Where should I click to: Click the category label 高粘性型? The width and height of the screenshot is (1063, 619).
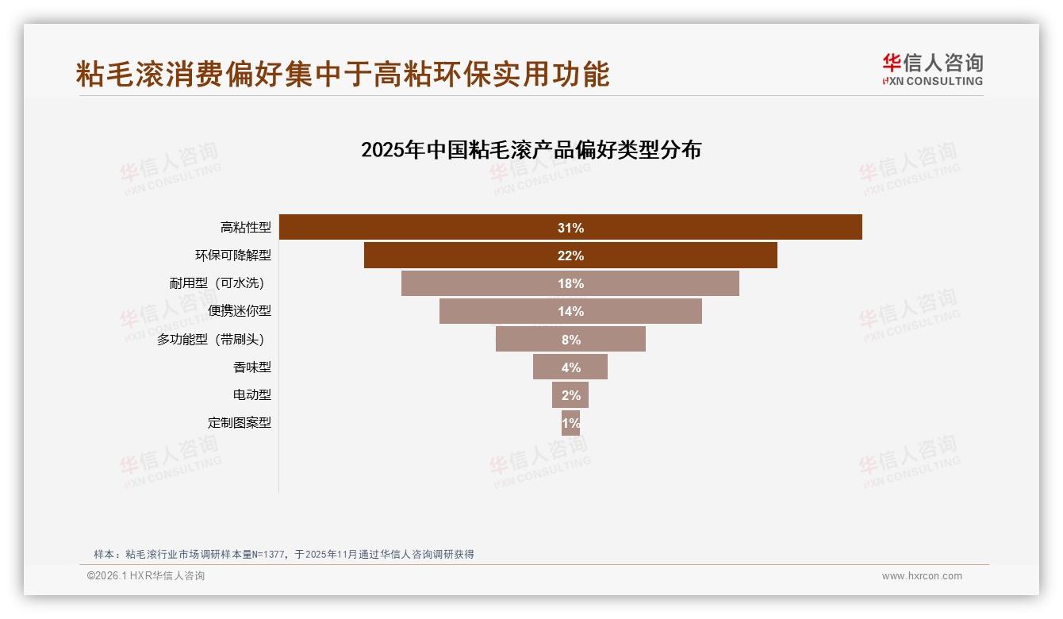tap(245, 228)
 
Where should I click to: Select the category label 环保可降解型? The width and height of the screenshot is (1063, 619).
tap(233, 256)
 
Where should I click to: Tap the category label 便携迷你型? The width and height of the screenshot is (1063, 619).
tap(239, 311)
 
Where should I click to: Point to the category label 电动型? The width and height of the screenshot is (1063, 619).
tap(251, 395)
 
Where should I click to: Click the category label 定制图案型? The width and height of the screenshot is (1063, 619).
tap(239, 423)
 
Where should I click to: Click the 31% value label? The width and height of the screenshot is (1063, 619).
tap(570, 228)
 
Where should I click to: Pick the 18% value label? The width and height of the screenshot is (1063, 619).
tap(570, 283)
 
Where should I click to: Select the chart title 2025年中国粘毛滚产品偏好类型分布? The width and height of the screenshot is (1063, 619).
tap(531, 150)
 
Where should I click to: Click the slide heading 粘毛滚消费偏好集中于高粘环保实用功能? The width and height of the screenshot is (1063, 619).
tap(343, 74)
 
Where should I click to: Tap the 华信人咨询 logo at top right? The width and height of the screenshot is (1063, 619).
tap(932, 70)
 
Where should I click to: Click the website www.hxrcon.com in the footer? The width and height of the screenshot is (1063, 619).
tap(922, 576)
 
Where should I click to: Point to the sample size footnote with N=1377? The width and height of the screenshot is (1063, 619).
tap(284, 555)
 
